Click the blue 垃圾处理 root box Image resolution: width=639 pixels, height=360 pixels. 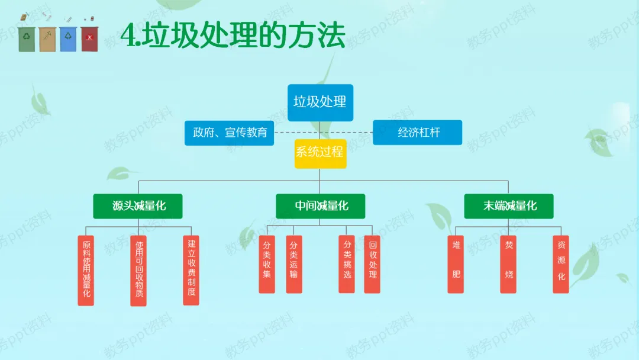coord(320,102)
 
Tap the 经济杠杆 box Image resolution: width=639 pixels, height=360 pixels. coord(417,133)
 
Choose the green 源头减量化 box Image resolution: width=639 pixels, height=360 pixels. coord(138,206)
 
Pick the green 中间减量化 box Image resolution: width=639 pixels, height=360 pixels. coord(320,206)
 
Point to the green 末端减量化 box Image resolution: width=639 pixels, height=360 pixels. coord(509,206)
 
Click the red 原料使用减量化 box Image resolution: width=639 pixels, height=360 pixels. coord(86,270)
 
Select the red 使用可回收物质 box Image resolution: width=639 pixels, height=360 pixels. coord(138,270)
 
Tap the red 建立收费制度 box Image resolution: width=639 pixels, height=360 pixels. coord(191,269)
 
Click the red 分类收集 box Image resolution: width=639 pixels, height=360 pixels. coord(267,263)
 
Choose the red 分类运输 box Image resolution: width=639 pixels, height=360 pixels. coord(294,263)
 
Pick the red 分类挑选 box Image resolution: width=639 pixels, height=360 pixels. coord(347,263)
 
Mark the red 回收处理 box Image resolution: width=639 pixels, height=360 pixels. coord(372,263)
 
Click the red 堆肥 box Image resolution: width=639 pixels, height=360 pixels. coord(456,263)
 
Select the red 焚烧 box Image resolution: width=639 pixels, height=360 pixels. coord(508,263)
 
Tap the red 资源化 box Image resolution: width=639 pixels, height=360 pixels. coord(561,263)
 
